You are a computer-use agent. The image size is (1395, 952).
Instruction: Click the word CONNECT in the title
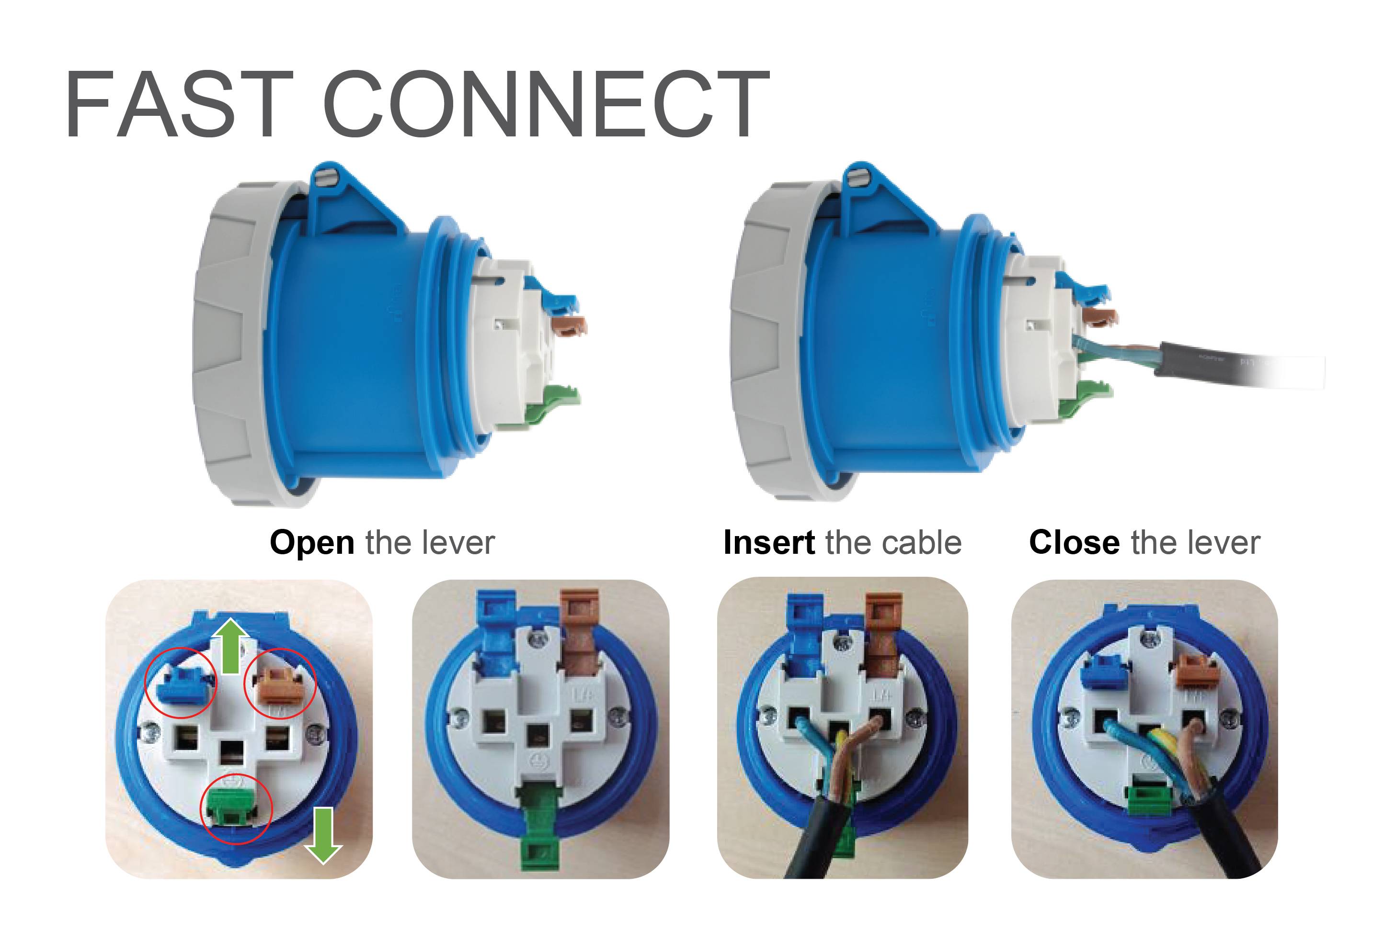[x=546, y=105]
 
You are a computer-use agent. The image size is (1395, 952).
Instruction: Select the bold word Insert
[x=769, y=543]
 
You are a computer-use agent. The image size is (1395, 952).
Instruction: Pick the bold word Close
[x=1074, y=543]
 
